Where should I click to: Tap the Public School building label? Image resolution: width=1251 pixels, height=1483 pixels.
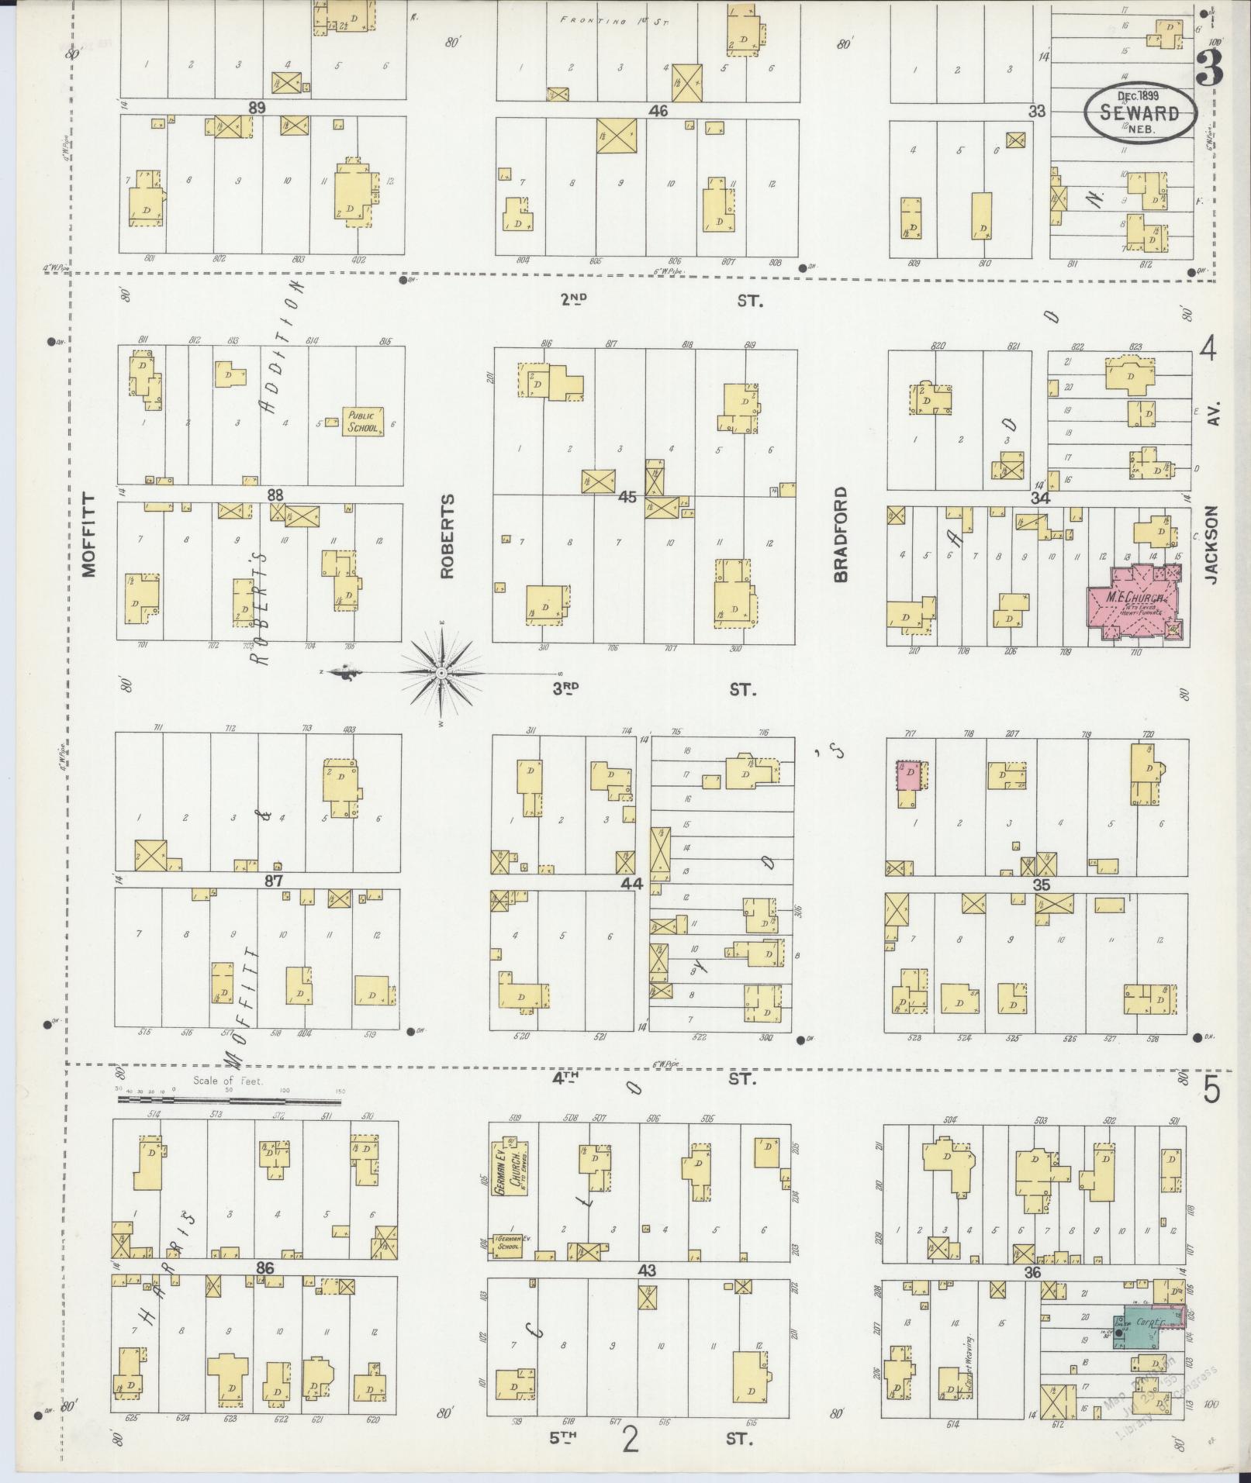[x=363, y=422]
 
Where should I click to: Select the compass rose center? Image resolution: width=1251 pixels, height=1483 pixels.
[x=441, y=672]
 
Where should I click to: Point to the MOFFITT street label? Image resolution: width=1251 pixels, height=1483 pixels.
[x=89, y=535]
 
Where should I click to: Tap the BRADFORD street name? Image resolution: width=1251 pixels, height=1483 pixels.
[x=841, y=534]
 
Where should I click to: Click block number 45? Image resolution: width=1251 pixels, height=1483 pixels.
[x=627, y=496]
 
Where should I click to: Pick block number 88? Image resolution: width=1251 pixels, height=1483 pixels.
[x=275, y=495]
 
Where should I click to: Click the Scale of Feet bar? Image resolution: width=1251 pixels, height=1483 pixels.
[x=229, y=1098]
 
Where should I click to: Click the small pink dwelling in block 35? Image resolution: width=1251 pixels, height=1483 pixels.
[x=909, y=775]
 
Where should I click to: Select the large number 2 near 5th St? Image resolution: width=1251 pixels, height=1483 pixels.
[x=631, y=1440]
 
